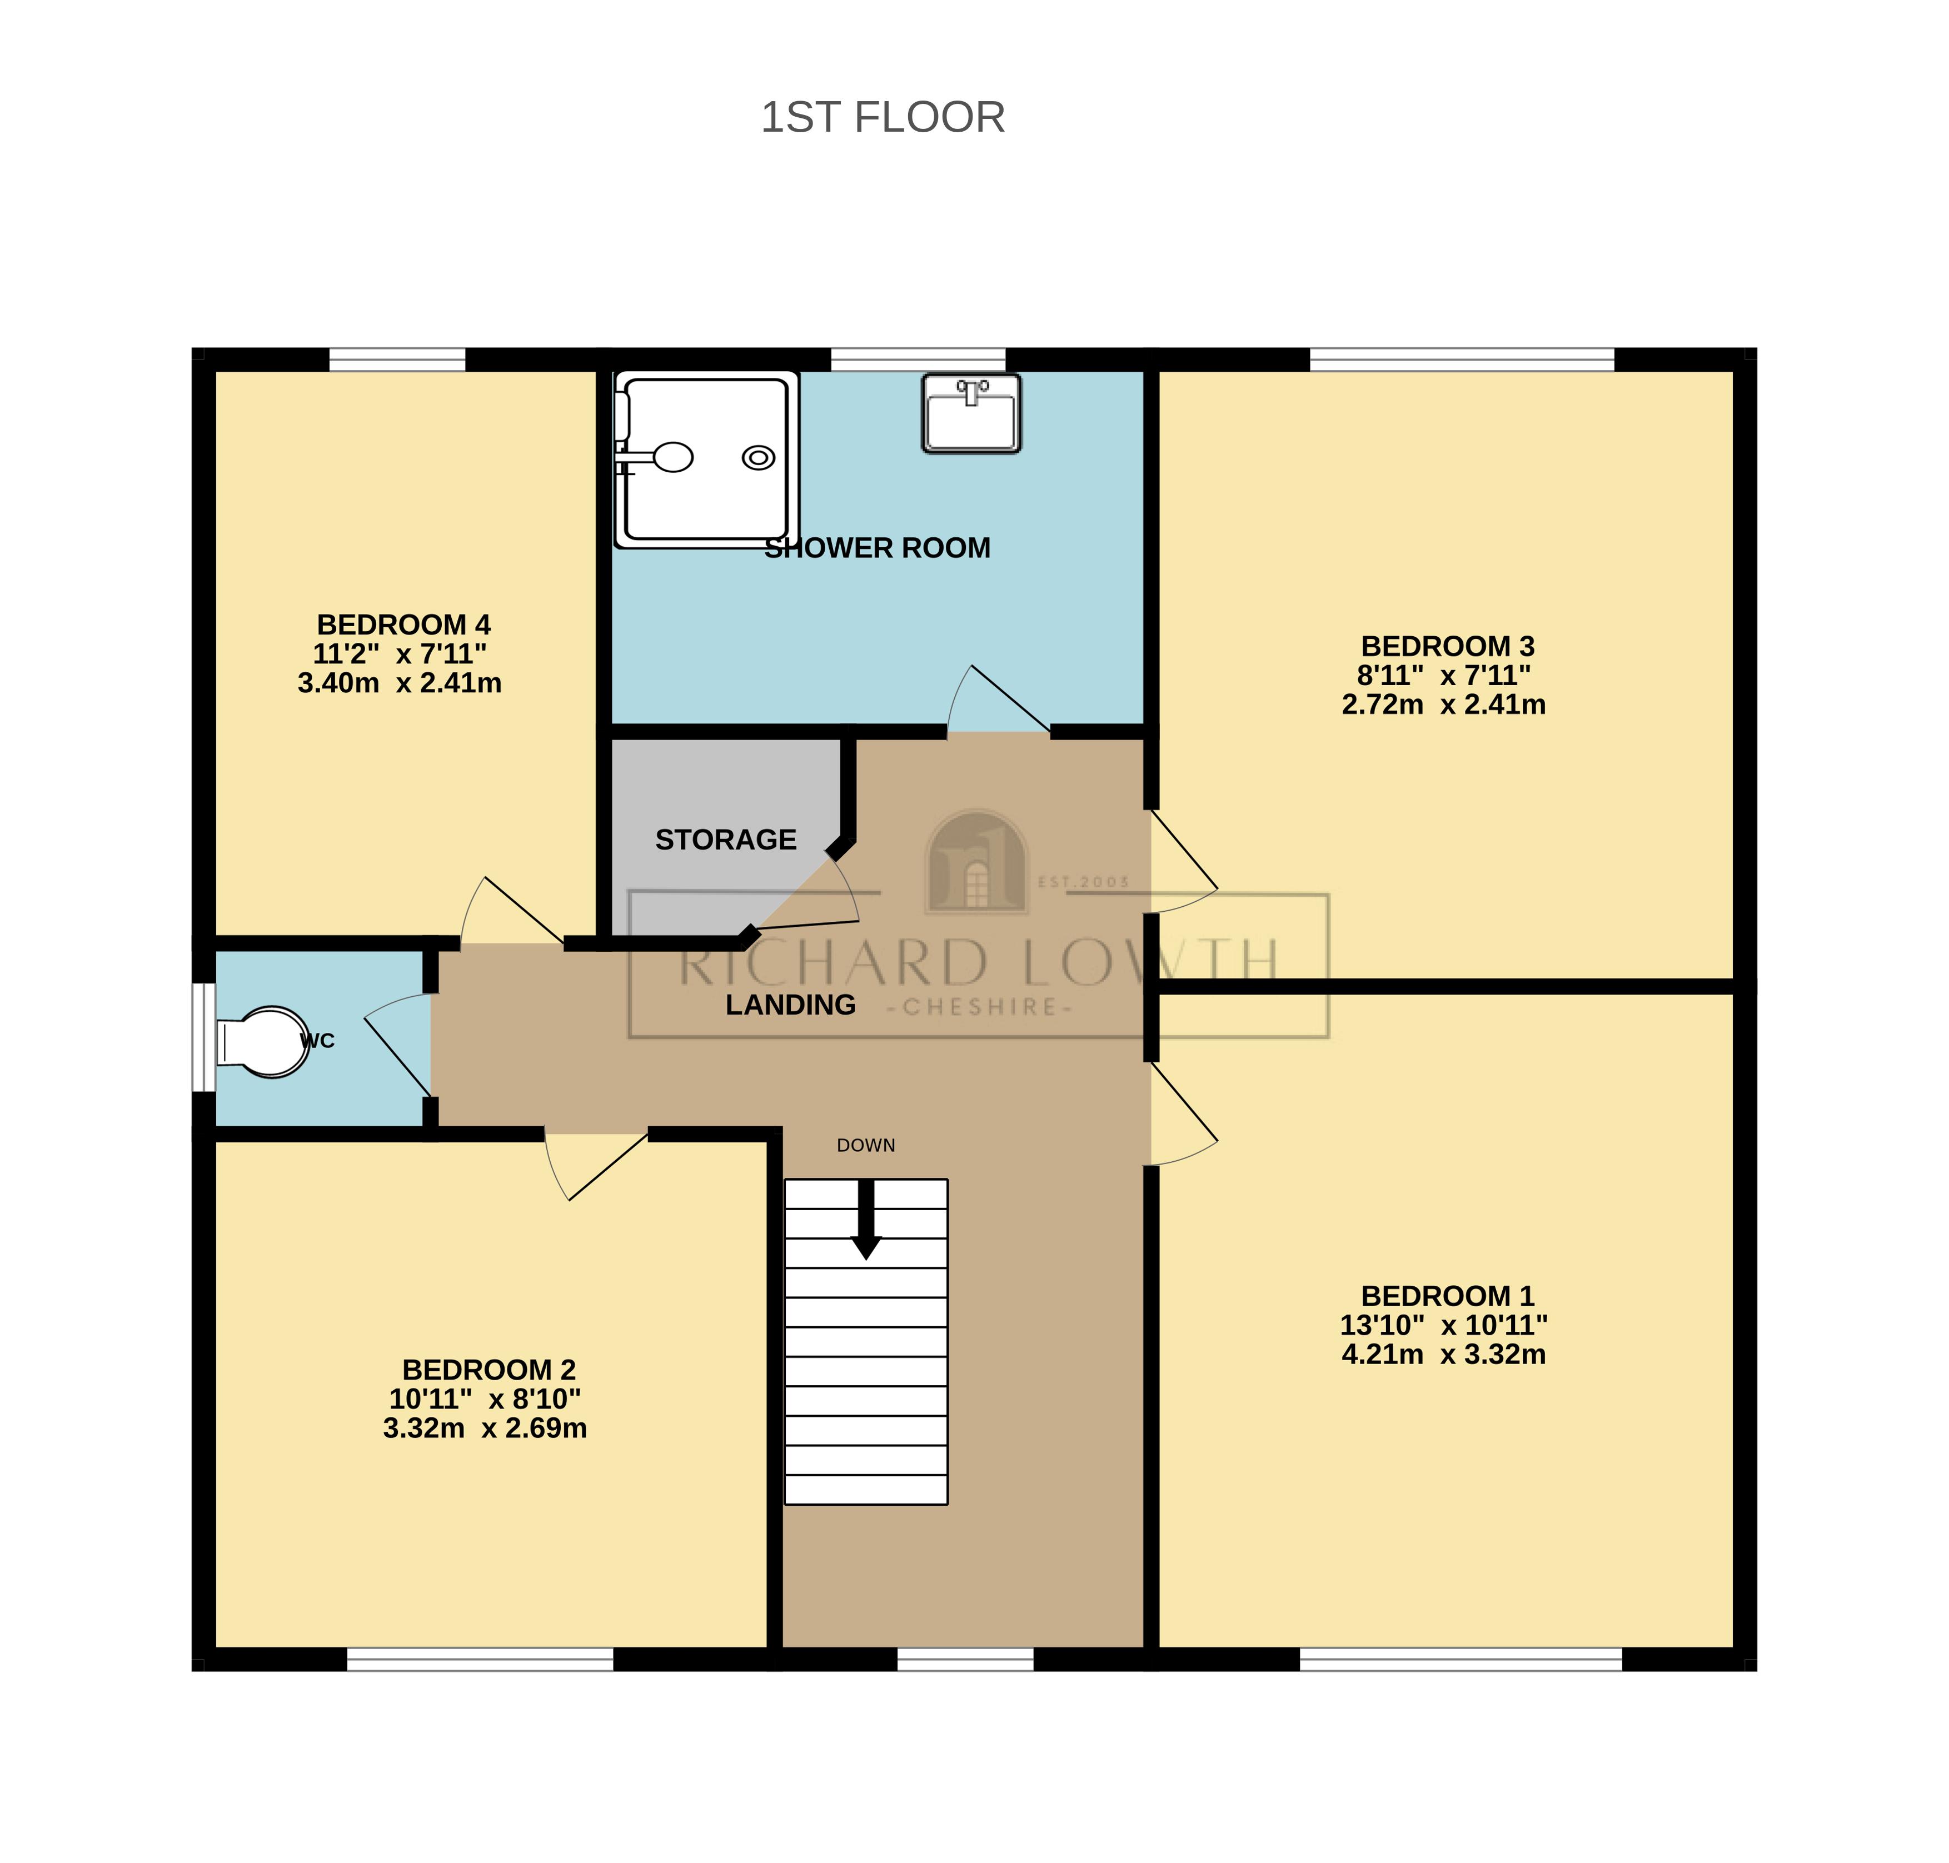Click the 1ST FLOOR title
882,117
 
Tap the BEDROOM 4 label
403,625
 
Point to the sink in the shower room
970,414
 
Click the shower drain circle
759,458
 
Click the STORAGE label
725,840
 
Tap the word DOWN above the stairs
866,1145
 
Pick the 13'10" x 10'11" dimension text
1443,1325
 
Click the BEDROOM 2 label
489,1370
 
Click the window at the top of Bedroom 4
397,358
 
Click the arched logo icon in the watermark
976,862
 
